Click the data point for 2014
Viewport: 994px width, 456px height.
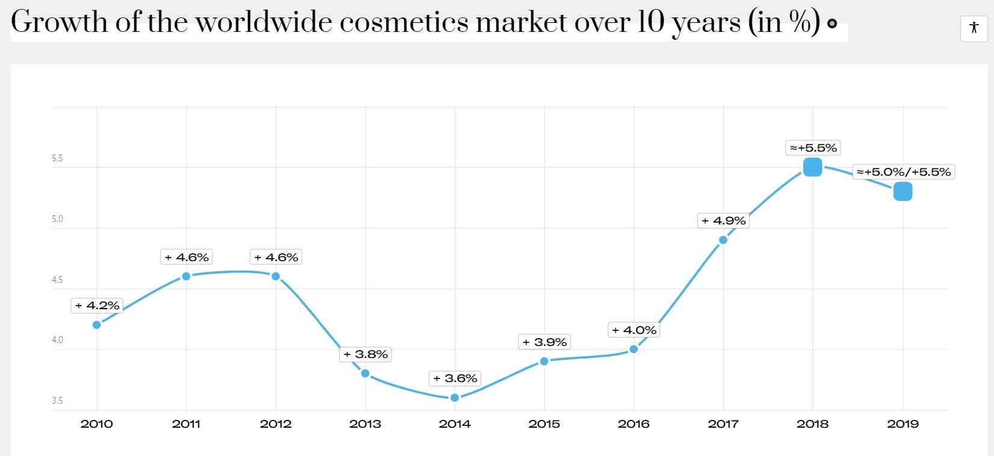point(455,398)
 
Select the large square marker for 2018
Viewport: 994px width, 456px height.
point(812,167)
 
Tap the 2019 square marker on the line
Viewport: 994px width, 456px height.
point(903,192)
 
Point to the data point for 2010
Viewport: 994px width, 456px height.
point(97,325)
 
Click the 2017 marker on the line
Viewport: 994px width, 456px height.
point(723,240)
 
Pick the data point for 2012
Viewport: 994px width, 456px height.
point(276,276)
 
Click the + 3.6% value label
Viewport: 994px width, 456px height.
point(455,378)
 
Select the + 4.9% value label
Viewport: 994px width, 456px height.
point(723,221)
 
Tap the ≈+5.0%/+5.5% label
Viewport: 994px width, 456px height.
point(904,172)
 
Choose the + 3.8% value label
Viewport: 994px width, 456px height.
point(365,354)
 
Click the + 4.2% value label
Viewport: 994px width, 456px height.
point(97,306)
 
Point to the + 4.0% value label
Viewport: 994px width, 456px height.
point(634,330)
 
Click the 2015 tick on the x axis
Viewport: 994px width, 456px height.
point(544,424)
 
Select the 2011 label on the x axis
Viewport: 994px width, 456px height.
point(186,424)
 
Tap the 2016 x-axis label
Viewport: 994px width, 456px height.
point(634,424)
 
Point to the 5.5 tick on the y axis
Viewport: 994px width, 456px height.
point(57,159)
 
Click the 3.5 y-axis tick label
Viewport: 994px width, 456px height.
point(57,401)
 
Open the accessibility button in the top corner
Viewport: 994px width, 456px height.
point(974,28)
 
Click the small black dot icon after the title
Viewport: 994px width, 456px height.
point(832,23)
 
